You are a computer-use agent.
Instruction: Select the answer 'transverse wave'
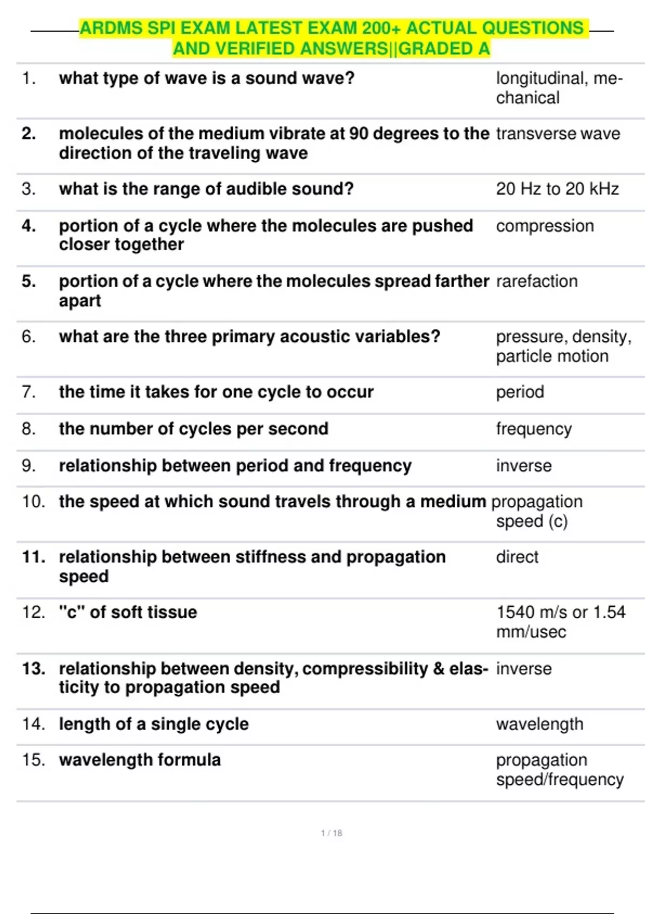tap(558, 134)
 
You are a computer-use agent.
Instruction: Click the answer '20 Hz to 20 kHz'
tap(557, 189)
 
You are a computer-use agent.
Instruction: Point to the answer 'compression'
tap(544, 226)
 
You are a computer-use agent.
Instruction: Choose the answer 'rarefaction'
tap(536, 281)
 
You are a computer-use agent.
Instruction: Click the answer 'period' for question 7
tap(520, 392)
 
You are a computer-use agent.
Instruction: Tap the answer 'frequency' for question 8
tap(534, 429)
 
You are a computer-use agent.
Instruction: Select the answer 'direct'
tap(517, 557)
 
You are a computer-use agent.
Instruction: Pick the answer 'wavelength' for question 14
tap(539, 724)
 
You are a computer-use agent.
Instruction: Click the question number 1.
tap(28, 78)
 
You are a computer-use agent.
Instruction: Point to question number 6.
tap(28, 337)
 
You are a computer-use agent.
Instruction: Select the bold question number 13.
tap(33, 669)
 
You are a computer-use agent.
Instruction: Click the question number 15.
tap(33, 760)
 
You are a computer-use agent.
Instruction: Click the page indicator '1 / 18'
tap(332, 833)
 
